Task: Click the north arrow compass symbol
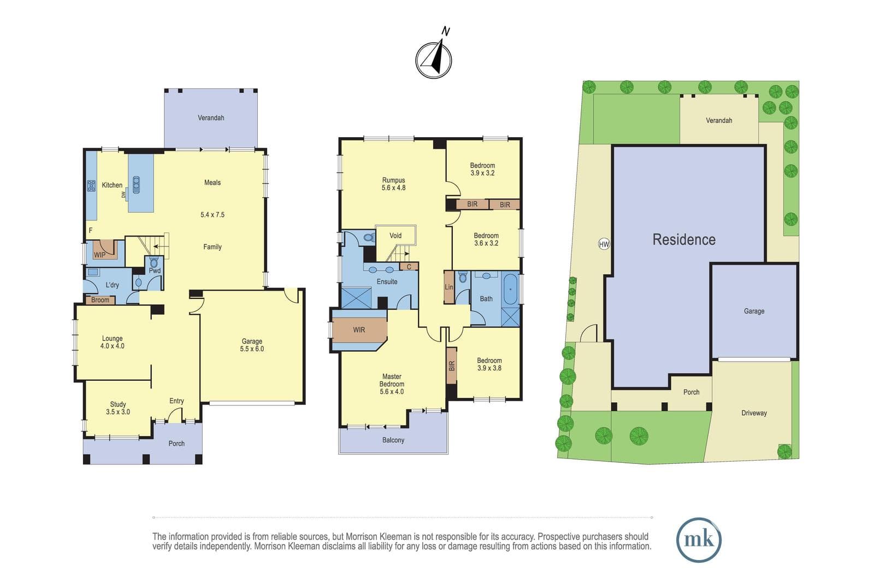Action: (434, 60)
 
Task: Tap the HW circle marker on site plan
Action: (604, 244)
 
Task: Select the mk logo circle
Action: (699, 540)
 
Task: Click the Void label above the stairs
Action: (395, 235)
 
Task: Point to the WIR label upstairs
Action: (359, 329)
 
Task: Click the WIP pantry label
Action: (99, 255)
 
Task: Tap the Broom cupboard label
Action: (101, 299)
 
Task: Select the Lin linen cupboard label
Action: (449, 287)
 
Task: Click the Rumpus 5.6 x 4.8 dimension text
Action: (393, 188)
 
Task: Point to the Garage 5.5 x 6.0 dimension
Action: (252, 349)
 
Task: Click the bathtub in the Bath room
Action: (510, 289)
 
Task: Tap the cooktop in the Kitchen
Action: (91, 186)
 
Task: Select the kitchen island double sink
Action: (136, 185)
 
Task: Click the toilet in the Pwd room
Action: (154, 262)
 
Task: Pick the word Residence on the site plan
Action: (684, 240)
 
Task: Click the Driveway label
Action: (754, 413)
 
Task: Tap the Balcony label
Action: (393, 440)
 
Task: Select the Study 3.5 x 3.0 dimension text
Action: (118, 411)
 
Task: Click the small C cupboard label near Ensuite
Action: (409, 267)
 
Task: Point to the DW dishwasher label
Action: (123, 195)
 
